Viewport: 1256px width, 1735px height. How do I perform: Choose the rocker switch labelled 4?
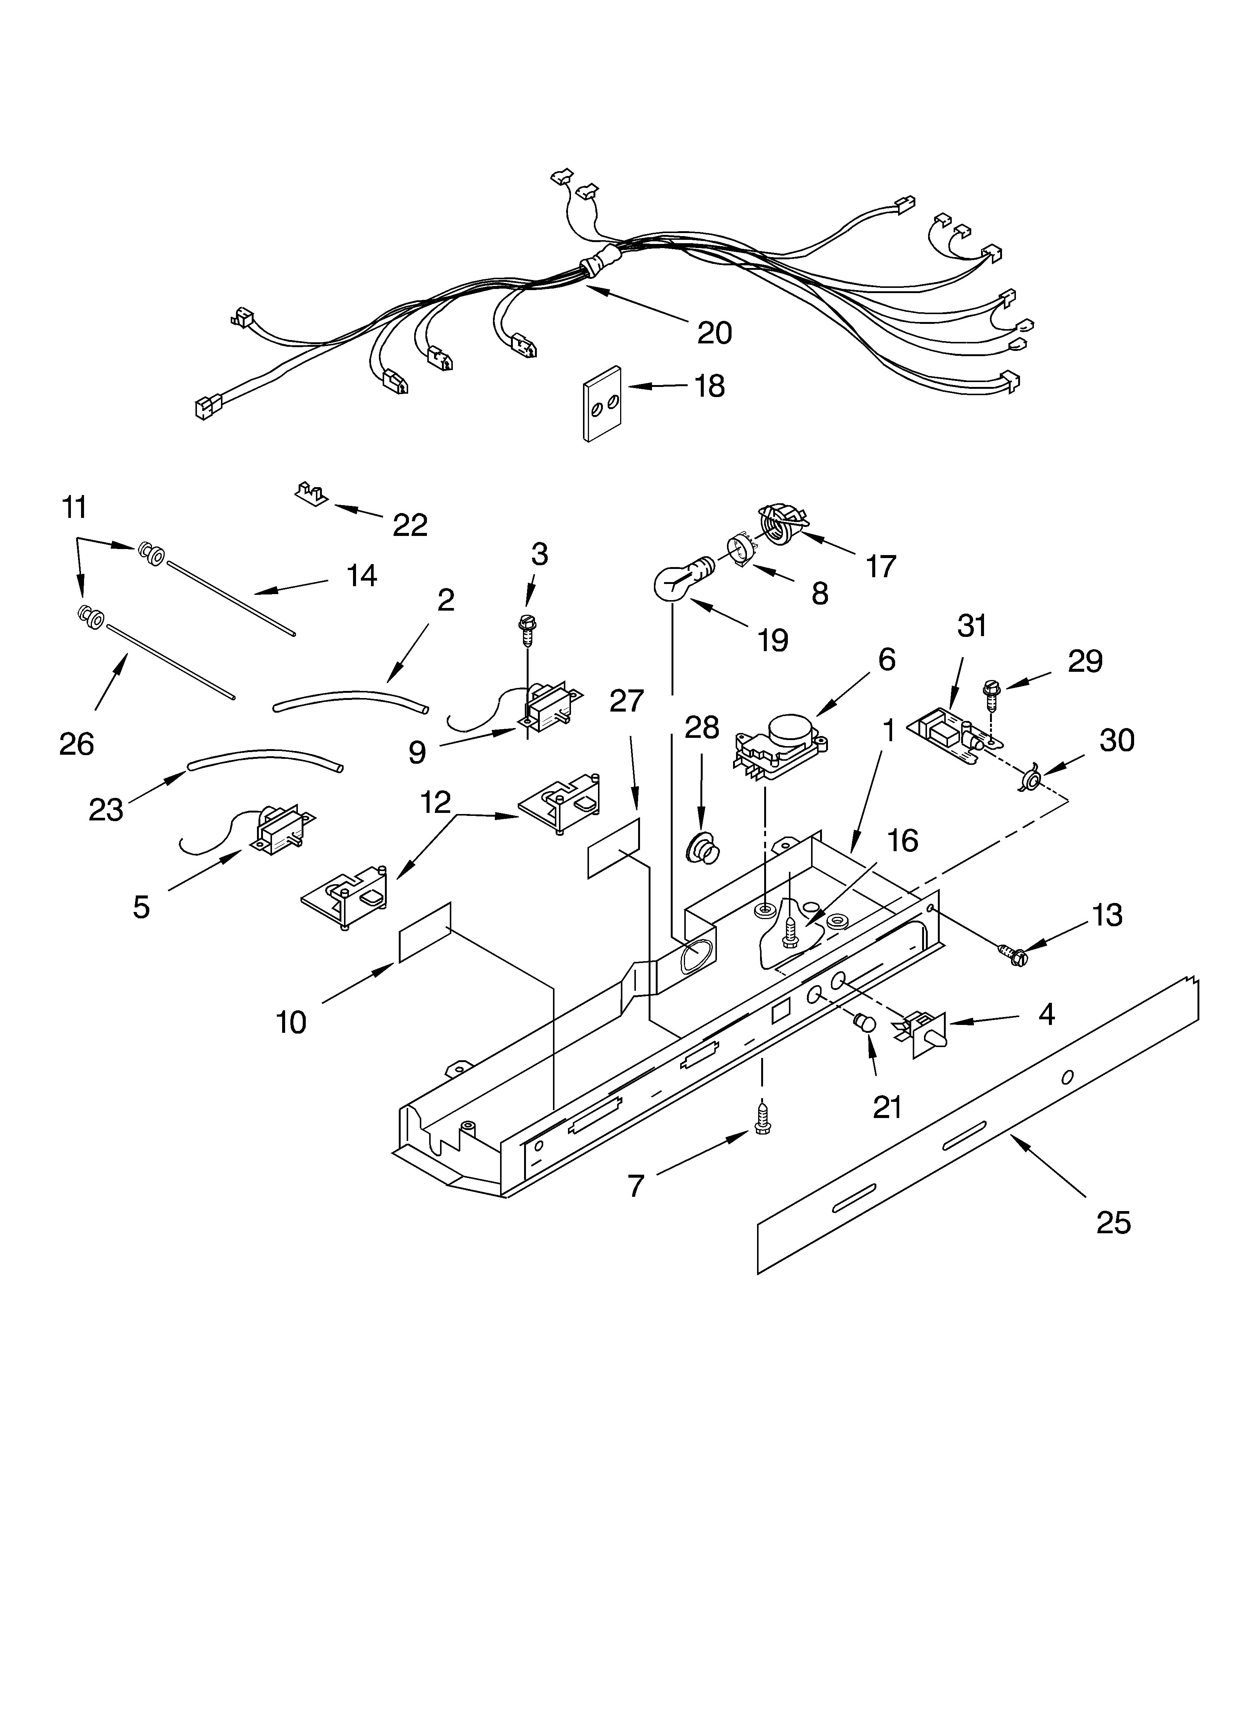click(x=926, y=1035)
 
